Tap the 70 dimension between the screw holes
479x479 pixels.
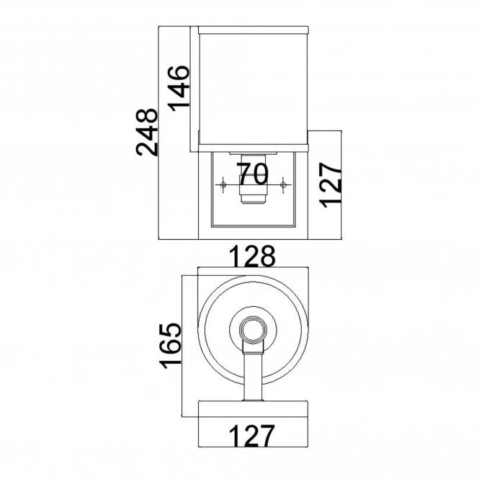pos(252,174)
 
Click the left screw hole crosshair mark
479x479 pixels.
pos(223,186)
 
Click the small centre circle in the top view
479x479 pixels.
pos(253,329)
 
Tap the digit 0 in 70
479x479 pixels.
pos(260,174)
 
